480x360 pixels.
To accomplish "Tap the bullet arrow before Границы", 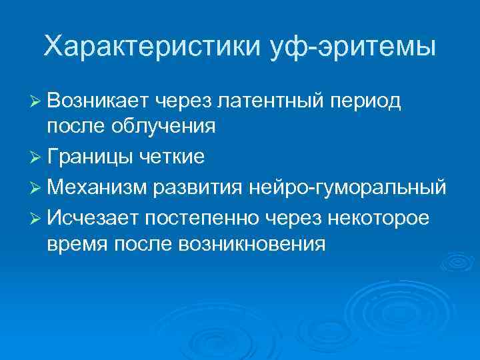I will coord(37,157).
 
